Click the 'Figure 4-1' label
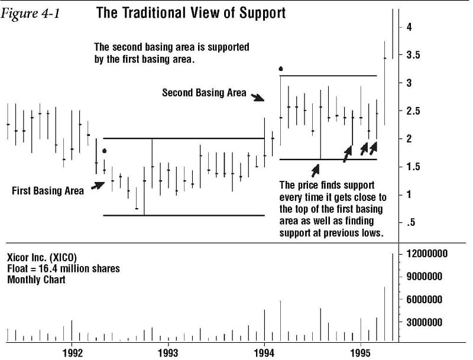coord(31,14)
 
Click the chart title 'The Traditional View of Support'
coord(190,13)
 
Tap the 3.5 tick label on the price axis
coord(413,55)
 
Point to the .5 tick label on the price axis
coord(410,222)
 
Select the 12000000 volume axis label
coord(427,254)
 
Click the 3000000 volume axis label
coord(424,322)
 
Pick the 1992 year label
coord(72,353)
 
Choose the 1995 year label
coord(361,353)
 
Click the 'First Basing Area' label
coord(48,191)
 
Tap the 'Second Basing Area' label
coord(204,93)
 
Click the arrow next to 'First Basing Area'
coord(98,185)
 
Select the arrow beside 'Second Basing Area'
coord(257,97)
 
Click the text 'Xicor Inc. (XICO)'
coord(42,258)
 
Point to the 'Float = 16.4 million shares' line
coord(63,268)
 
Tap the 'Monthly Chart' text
coord(36,280)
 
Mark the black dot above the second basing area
coord(281,69)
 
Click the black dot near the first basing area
coord(105,151)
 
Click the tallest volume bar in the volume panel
coord(393,297)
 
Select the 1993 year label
coord(168,353)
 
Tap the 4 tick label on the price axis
coord(409,27)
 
